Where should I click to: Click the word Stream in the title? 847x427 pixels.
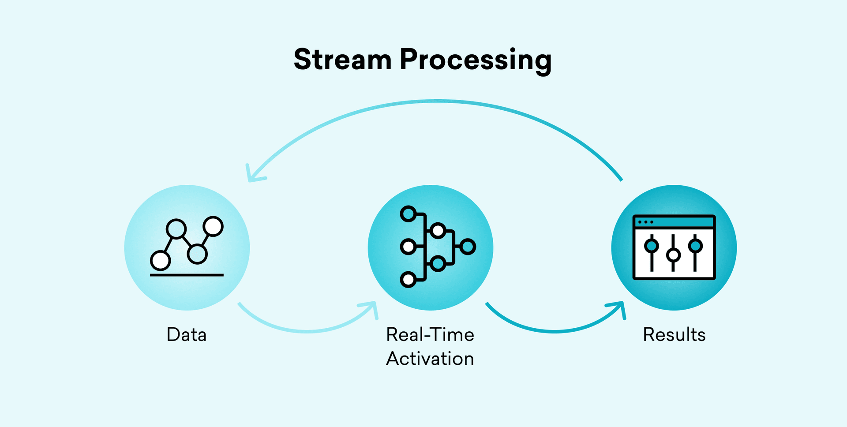pyautogui.click(x=342, y=60)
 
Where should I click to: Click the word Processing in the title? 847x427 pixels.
pyautogui.click(x=476, y=60)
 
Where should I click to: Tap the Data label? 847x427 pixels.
pyautogui.click(x=187, y=335)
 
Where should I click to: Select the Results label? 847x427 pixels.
pyautogui.click(x=674, y=335)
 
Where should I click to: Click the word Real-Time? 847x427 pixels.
pyautogui.click(x=430, y=335)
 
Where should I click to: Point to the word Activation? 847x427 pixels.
pyautogui.click(x=430, y=359)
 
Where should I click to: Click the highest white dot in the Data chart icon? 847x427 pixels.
pyautogui.click(x=214, y=226)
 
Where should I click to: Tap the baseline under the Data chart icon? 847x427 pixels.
pyautogui.click(x=187, y=275)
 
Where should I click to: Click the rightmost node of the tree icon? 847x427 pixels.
pyautogui.click(x=468, y=247)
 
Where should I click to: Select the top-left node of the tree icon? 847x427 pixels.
pyautogui.click(x=408, y=214)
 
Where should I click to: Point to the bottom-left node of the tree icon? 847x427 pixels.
pyautogui.click(x=408, y=279)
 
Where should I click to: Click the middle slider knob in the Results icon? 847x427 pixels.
pyautogui.click(x=673, y=255)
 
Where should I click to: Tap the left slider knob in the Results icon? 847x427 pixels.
pyautogui.click(x=652, y=245)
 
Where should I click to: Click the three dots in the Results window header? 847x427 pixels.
pyautogui.click(x=646, y=222)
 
